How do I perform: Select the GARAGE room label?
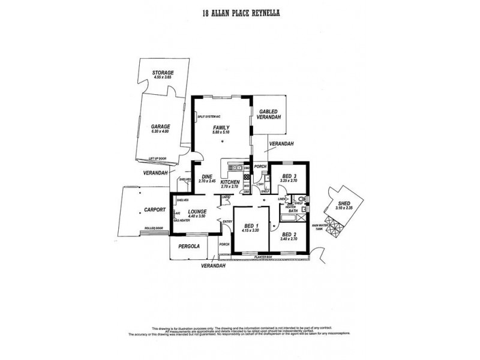(x=161, y=127)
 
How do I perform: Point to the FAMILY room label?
(x=221, y=128)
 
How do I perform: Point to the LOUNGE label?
(x=197, y=212)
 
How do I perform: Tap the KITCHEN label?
(x=230, y=182)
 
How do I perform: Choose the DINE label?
(x=207, y=176)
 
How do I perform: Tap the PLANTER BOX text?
(x=263, y=256)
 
